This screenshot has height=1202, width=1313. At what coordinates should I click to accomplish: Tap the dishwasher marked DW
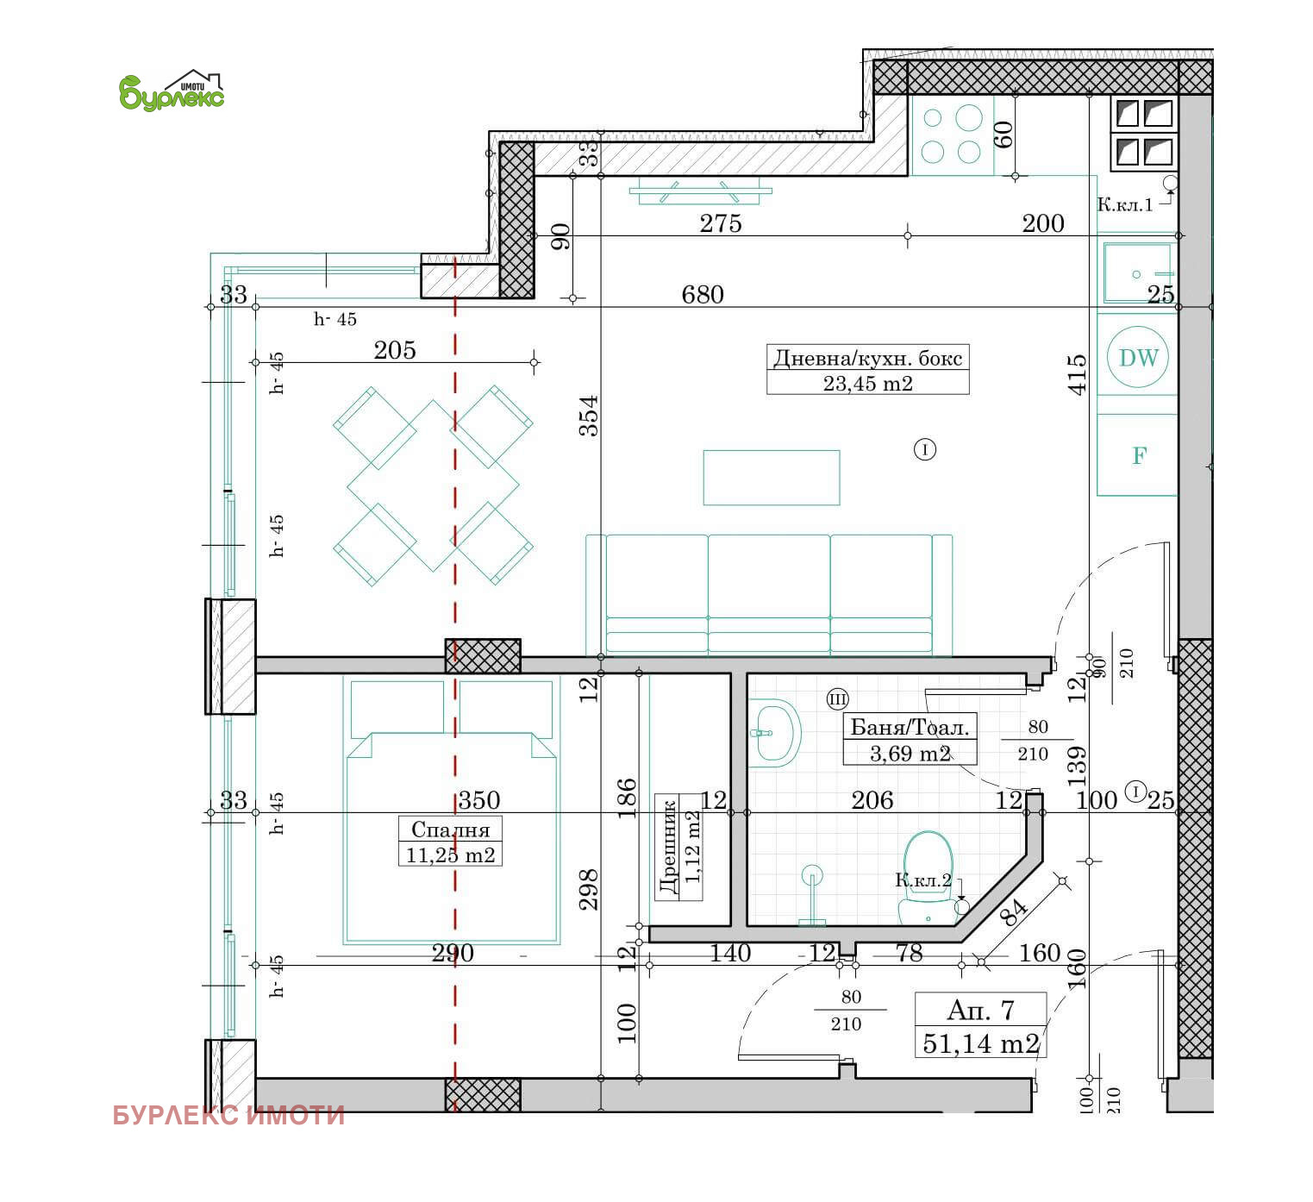click(1138, 358)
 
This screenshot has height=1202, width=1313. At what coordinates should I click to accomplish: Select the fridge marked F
click(1138, 455)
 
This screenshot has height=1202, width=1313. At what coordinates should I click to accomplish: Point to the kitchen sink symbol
click(1137, 272)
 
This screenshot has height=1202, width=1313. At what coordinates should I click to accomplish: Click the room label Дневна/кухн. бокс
click(867, 358)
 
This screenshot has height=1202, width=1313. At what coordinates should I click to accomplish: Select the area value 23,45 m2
click(867, 384)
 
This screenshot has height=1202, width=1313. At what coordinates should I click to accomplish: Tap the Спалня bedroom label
click(450, 830)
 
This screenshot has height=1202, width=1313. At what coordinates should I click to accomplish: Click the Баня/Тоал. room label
click(910, 727)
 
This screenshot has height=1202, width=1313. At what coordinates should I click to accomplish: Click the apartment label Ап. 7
click(980, 1009)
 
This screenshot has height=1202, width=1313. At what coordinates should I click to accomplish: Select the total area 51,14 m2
click(980, 1043)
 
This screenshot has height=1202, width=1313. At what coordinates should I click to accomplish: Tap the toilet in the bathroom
click(928, 875)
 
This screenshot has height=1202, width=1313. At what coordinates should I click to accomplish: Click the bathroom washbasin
click(776, 733)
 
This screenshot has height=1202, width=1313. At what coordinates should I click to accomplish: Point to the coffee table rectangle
click(771, 477)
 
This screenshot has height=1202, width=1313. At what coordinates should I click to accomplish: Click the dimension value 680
click(702, 295)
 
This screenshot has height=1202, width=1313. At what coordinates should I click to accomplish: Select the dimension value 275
click(720, 223)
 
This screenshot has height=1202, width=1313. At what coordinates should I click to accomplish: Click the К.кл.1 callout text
click(1124, 205)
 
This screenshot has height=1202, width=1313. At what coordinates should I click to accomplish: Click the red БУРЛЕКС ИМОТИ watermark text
click(228, 1116)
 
